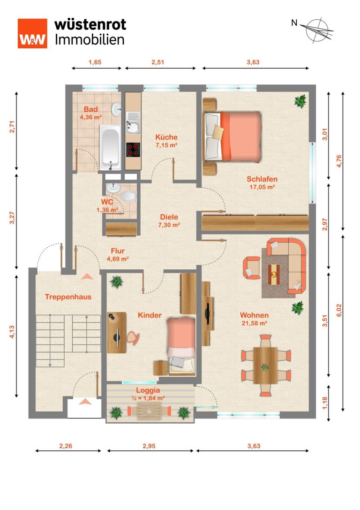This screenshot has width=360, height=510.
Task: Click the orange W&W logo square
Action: click(x=32, y=33)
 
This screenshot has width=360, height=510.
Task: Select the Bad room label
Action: click(x=90, y=109)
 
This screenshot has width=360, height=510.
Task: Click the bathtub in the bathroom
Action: click(x=110, y=148)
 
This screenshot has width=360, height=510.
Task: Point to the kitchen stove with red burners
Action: click(x=133, y=150)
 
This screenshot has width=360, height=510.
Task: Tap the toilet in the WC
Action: click(x=128, y=197)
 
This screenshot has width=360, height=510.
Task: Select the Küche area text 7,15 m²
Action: click(x=166, y=145)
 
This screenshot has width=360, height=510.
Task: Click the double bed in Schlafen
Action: click(x=232, y=136)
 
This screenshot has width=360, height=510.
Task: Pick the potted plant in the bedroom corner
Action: click(x=300, y=101)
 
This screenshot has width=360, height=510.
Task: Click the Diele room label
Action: click(x=169, y=217)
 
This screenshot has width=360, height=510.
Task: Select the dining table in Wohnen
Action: click(x=265, y=365)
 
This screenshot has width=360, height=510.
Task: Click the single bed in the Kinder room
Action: click(x=181, y=346)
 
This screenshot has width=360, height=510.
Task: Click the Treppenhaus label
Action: click(x=68, y=297)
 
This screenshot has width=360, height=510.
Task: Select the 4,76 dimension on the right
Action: click(x=339, y=161)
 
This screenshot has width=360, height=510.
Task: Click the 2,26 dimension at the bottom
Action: click(x=66, y=446)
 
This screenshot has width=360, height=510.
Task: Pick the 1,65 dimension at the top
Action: click(x=95, y=62)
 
